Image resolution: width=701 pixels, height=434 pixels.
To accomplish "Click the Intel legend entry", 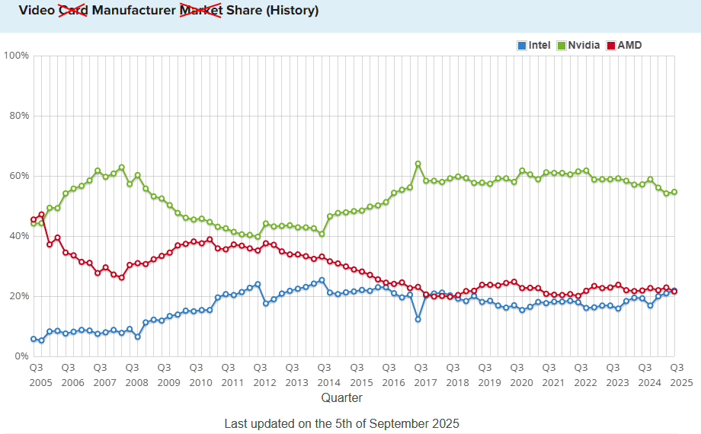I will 533,46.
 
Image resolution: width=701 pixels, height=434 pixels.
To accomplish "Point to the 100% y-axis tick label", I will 17,56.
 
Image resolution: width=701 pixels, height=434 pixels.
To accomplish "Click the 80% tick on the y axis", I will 19,116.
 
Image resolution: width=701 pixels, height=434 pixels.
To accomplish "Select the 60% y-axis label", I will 19,176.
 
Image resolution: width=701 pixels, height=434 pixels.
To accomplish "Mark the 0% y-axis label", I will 21,356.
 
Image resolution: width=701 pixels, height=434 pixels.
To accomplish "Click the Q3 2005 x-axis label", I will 35,374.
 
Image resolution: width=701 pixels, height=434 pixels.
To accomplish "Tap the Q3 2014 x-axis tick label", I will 324,374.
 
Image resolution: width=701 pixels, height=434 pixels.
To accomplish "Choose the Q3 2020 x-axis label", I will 517,374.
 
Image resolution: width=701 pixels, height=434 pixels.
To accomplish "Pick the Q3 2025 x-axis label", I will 677,374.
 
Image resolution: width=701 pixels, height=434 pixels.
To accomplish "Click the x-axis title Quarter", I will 341,397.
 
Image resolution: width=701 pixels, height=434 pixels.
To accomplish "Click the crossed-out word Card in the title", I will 73,11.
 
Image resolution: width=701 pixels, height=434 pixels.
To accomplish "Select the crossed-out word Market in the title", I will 200,11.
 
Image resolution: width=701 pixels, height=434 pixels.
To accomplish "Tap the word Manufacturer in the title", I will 133,11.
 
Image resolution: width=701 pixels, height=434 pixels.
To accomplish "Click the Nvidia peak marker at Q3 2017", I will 418,164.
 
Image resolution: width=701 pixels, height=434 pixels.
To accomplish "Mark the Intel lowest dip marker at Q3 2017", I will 418,319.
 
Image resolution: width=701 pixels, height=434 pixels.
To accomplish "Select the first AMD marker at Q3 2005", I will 34,219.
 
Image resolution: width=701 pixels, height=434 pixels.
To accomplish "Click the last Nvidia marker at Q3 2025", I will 674,192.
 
